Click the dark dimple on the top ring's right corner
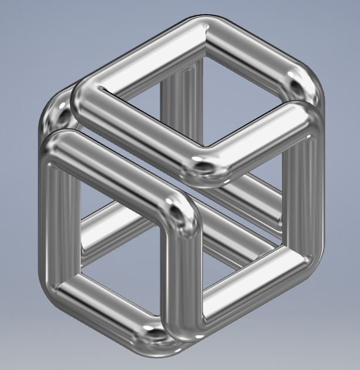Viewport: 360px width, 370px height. pos(295,88)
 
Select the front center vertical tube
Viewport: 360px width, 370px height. pos(182,276)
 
